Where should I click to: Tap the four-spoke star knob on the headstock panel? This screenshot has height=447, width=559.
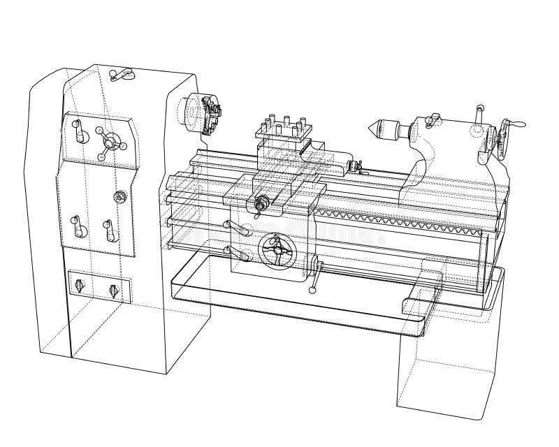pyautogui.click(x=108, y=142)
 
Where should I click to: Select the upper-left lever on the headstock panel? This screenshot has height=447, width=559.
pyautogui.click(x=78, y=131)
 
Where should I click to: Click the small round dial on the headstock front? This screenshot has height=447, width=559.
pyautogui.click(x=120, y=198)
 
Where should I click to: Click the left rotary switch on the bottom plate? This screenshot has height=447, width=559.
pyautogui.click(x=79, y=286)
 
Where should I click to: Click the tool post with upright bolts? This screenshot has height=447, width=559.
pyautogui.click(x=282, y=129)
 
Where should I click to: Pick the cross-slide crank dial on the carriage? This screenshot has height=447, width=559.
pyautogui.click(x=263, y=205)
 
